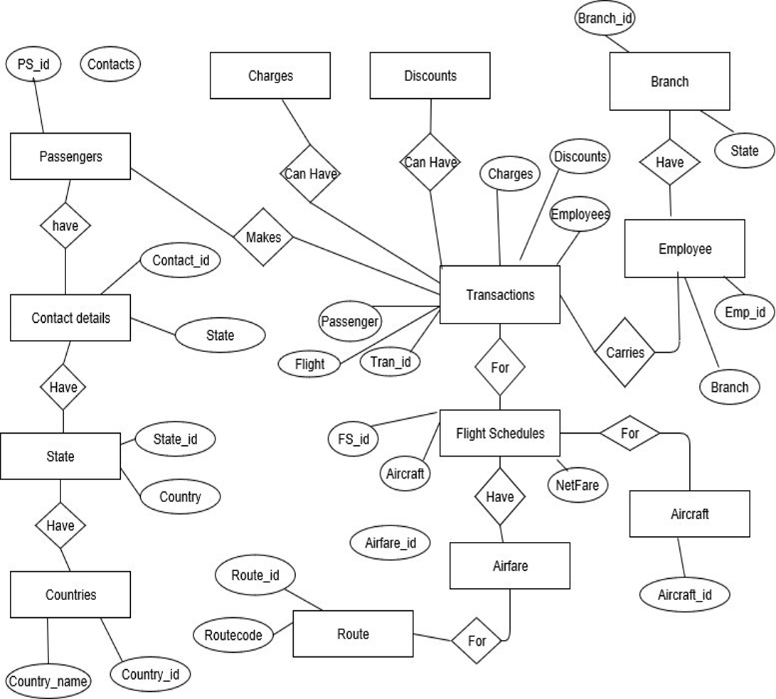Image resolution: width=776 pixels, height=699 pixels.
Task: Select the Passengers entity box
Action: pos(70,156)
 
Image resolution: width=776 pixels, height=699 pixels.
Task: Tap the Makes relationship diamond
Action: pos(263,238)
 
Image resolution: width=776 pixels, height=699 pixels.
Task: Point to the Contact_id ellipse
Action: pos(181,260)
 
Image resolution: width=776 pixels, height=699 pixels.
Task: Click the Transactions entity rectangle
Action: pos(500,294)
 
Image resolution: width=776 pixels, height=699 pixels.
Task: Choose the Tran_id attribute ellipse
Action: pos(390,362)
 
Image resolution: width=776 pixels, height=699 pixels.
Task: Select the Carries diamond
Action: pos(624,352)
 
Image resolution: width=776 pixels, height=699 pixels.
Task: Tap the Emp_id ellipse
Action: pos(745,312)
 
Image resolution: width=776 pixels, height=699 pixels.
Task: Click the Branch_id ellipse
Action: pos(605,18)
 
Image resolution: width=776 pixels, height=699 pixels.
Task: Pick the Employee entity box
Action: pos(684,249)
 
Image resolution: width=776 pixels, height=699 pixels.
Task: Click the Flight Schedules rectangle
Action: pos(500,433)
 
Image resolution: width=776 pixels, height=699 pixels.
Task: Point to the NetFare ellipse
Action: pos(578,486)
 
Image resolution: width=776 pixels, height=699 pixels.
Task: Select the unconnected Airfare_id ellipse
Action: pos(390,543)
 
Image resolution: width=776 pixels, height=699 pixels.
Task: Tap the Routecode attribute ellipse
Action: pos(233,635)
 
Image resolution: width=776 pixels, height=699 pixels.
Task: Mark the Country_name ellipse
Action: pos(48,681)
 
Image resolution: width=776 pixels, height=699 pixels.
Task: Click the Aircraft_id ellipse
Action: pos(684,594)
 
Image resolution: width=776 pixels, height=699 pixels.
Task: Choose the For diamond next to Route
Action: pos(477,641)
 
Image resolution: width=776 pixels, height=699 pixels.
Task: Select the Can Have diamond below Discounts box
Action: pos(430,162)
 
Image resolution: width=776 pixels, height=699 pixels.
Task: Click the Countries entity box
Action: pos(70,594)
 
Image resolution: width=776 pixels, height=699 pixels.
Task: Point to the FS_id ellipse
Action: pos(353,438)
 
